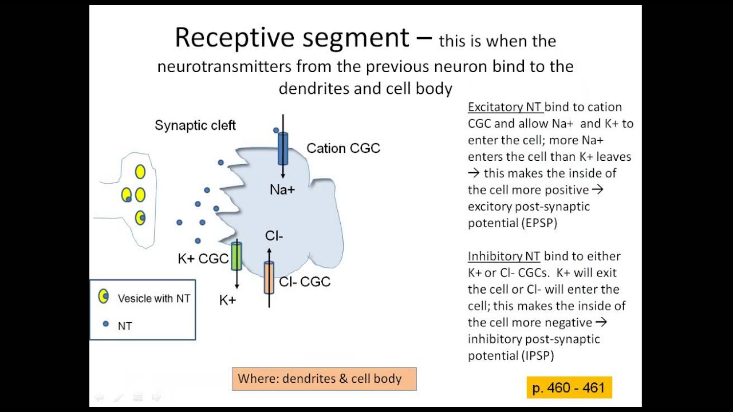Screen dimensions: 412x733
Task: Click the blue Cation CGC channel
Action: pyautogui.click(x=283, y=148)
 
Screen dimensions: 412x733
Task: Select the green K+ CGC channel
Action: pyautogui.click(x=237, y=256)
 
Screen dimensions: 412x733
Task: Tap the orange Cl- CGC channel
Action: pyautogui.click(x=269, y=278)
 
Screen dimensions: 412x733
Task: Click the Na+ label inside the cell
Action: pyautogui.click(x=282, y=189)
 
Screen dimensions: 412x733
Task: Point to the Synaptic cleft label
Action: pyautogui.click(x=195, y=125)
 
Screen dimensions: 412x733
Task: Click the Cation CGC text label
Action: pyautogui.click(x=343, y=148)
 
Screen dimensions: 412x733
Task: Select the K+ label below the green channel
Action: pyautogui.click(x=228, y=300)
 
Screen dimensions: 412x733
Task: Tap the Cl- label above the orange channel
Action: pyautogui.click(x=274, y=236)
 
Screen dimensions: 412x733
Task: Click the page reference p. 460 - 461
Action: pyautogui.click(x=569, y=388)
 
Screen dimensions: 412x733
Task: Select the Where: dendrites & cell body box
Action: pyautogui.click(x=324, y=379)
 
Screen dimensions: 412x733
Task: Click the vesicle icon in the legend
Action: pyautogui.click(x=104, y=296)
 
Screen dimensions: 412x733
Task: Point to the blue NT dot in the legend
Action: pyautogui.click(x=105, y=324)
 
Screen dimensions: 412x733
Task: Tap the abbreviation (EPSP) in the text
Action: pyautogui.click(x=539, y=223)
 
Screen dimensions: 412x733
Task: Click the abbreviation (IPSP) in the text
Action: pyautogui.click(x=538, y=356)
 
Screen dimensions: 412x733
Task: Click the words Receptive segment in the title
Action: pyautogui.click(x=292, y=38)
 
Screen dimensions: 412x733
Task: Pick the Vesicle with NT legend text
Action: pyautogui.click(x=153, y=298)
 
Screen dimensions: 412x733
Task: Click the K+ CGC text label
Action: pyautogui.click(x=203, y=259)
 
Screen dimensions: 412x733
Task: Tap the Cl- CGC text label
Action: pyautogui.click(x=305, y=282)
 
